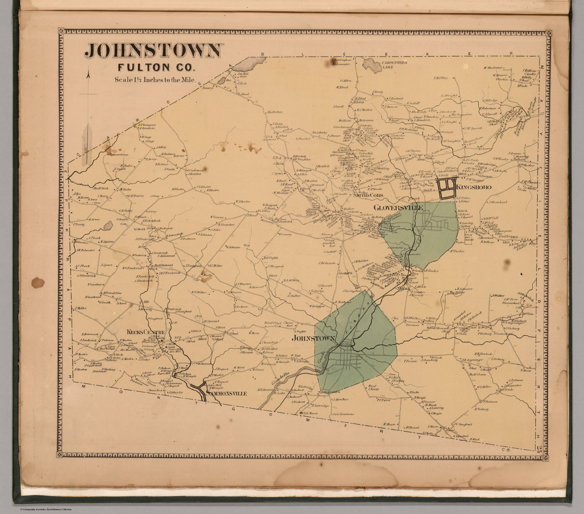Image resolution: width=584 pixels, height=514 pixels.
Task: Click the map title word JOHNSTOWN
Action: coord(153,51)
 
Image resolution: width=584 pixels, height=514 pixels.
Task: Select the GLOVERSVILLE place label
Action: coord(398,208)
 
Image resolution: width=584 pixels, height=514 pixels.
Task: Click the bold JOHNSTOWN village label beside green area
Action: coord(313,338)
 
